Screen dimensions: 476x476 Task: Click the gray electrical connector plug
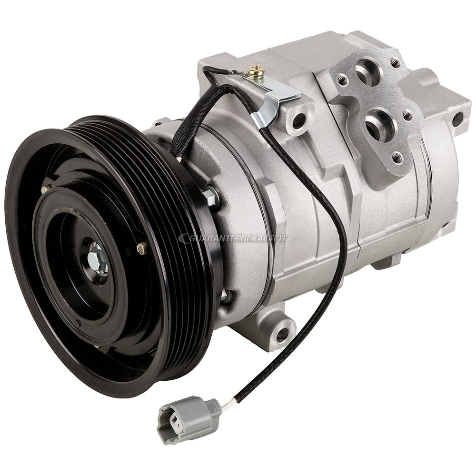pos(188,418)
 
